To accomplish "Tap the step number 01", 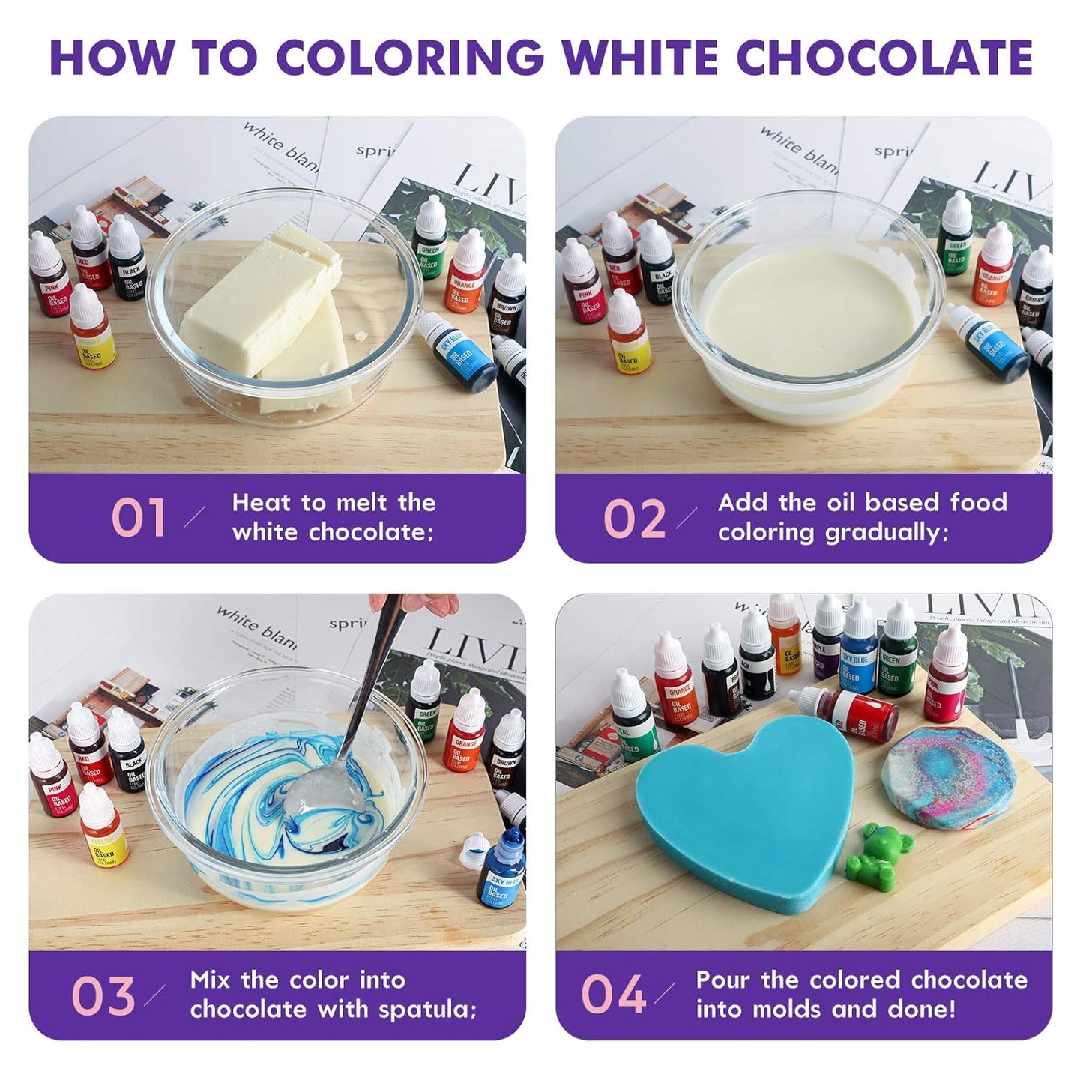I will [139, 518].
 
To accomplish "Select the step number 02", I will [634, 518].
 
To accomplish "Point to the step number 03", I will [103, 996].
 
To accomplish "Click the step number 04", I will [613, 995].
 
